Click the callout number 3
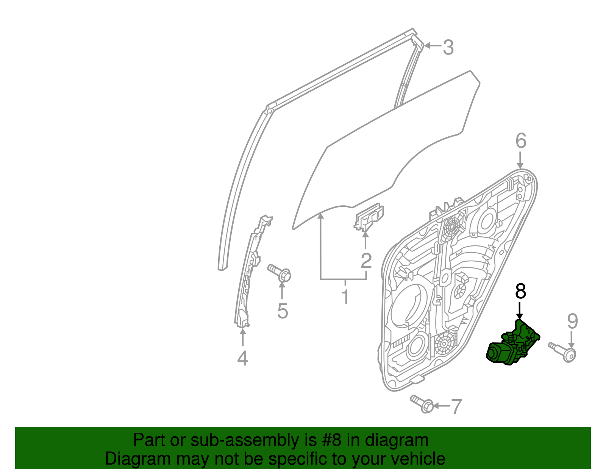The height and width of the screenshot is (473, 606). pyautogui.click(x=448, y=48)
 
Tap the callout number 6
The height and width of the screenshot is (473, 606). pyautogui.click(x=521, y=141)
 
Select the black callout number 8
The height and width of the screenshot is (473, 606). pyautogui.click(x=520, y=292)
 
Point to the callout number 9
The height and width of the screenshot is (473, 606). pyautogui.click(x=572, y=322)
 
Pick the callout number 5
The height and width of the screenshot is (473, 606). pyautogui.click(x=283, y=311)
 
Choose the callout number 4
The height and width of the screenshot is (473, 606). pyautogui.click(x=242, y=358)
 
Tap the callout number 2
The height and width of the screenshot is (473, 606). pyautogui.click(x=366, y=261)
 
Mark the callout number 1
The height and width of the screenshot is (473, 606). pyautogui.click(x=345, y=297)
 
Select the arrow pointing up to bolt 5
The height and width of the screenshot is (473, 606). pyautogui.click(x=282, y=291)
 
